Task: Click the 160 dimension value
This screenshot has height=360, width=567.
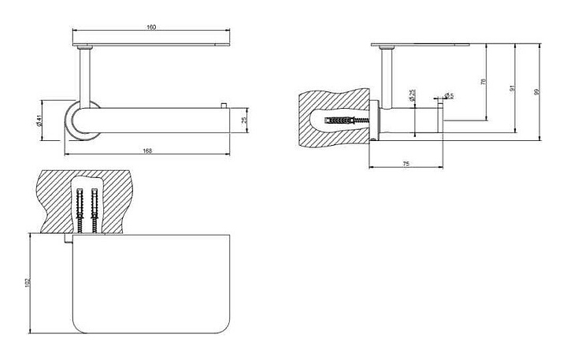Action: (151, 28)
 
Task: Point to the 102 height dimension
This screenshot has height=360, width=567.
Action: (28, 282)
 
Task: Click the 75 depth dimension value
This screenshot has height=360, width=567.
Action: (405, 163)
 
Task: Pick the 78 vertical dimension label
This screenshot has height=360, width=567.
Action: (483, 81)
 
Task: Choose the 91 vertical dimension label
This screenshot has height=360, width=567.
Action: (512, 88)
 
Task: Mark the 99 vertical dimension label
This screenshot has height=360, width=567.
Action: (537, 92)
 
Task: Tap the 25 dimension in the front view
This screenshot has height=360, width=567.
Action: (243, 120)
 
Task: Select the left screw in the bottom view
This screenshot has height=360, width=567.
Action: (80, 211)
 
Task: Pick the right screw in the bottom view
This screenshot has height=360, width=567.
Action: (94, 211)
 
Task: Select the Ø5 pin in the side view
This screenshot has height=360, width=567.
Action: (439, 119)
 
